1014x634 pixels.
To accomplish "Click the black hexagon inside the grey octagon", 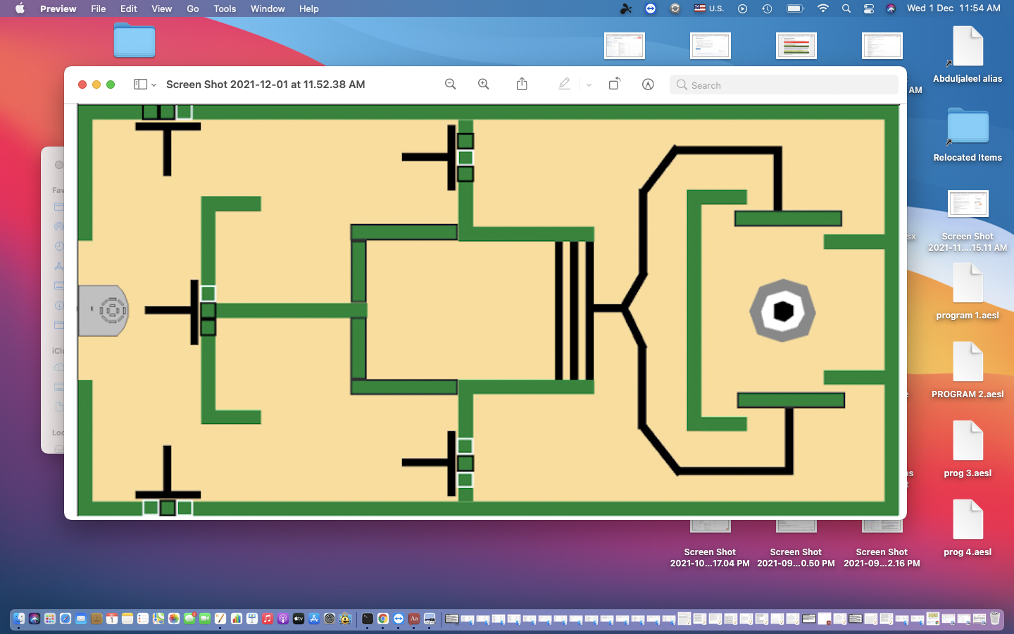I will coord(783,311).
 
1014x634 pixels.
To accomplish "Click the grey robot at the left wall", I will coord(104,311).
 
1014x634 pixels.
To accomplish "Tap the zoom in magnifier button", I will coord(484,85).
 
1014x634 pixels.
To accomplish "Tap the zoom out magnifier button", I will coord(451,85).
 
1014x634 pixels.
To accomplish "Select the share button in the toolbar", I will coord(522,85).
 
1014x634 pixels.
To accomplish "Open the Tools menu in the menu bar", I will coord(225,8).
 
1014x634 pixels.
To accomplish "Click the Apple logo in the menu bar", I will coord(20,8).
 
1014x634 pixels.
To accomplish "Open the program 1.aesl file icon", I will coord(968,283).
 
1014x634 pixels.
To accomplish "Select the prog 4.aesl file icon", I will coord(968,520).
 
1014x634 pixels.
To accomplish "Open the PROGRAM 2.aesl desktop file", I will coord(968,362).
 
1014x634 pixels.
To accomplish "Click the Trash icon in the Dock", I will coord(995,619).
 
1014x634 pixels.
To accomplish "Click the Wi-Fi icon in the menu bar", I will coord(822,8).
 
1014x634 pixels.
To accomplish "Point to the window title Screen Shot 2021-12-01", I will coord(265,85).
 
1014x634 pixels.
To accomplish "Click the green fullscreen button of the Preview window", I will coord(111,85).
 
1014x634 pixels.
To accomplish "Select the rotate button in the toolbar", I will coord(614,85).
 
